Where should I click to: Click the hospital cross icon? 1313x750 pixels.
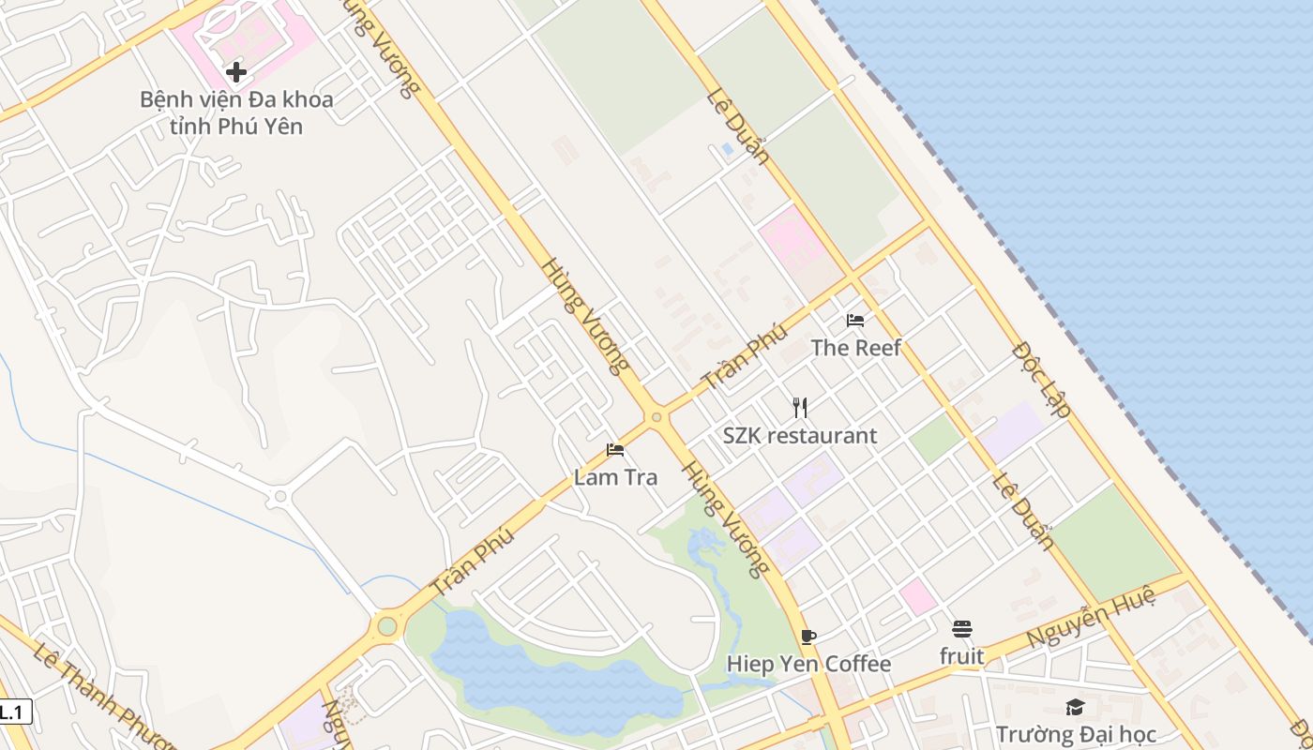point(236,72)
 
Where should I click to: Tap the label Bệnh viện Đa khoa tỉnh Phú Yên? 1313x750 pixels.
point(236,112)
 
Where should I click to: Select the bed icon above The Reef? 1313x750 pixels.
point(855,321)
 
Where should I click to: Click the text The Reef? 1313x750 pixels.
point(855,348)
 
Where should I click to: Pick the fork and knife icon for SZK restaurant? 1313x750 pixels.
point(799,407)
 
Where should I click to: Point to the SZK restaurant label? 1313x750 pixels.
point(799,436)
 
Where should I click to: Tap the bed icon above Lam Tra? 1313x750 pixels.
point(615,450)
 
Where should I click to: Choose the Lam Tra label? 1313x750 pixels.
point(615,477)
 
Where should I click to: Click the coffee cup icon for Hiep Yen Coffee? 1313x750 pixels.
point(808,637)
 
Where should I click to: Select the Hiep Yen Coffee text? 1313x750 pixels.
point(808,665)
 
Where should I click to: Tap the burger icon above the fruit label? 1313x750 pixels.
point(962,628)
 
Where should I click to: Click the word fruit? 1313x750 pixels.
point(962,656)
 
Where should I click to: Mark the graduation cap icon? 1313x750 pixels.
point(1075,707)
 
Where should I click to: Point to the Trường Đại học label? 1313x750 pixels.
point(1075,734)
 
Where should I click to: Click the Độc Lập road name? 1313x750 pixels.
point(1043,379)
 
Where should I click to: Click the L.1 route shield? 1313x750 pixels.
point(13,712)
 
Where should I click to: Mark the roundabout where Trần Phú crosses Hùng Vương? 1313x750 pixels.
point(656,416)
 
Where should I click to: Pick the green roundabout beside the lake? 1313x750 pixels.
point(386,625)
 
